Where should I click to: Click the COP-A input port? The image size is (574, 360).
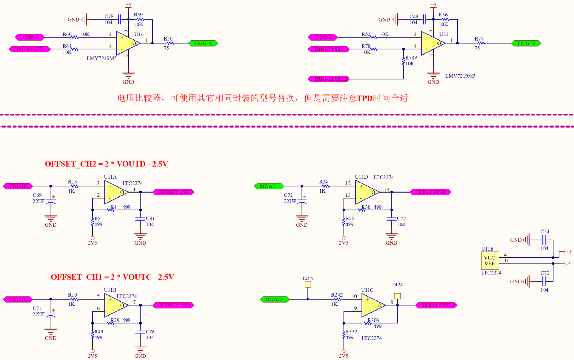30,37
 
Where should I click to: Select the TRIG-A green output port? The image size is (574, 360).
203,43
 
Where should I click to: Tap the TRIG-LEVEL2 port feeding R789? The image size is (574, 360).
329,79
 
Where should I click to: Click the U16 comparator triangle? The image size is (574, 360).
128,43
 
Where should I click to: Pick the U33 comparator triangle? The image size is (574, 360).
432,43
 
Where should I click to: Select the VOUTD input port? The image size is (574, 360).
18,186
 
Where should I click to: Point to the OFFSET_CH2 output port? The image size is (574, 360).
174,192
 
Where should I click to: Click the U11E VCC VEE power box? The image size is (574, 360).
489,261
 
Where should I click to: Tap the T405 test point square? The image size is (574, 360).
307,285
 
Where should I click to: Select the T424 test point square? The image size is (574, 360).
397,296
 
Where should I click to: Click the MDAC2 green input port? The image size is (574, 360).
274,299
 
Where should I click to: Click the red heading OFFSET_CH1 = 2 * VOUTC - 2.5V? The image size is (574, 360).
112,277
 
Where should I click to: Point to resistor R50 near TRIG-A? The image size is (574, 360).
169,43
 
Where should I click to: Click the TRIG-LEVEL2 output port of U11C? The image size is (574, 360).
436,305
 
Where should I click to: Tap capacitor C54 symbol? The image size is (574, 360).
544,240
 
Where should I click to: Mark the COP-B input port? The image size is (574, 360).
323,37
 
